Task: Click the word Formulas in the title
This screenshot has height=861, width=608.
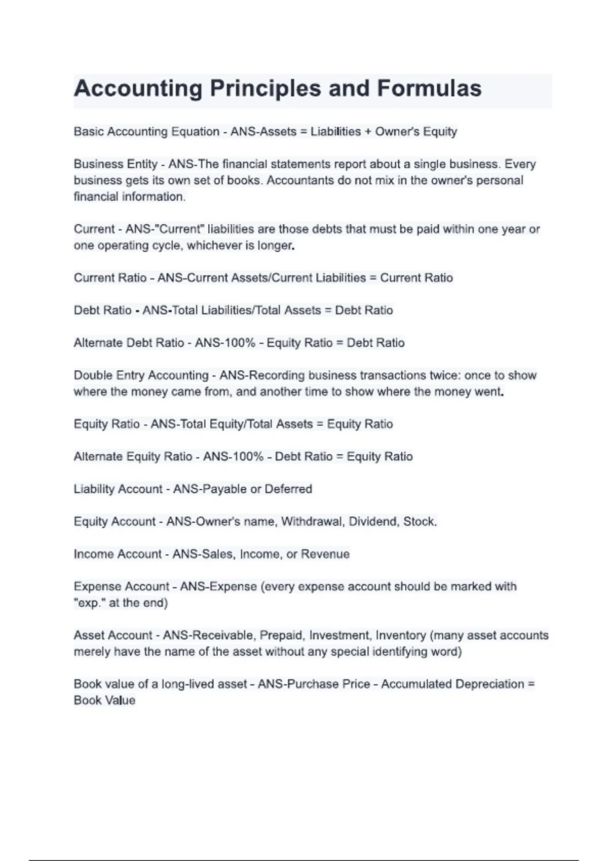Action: [x=429, y=89]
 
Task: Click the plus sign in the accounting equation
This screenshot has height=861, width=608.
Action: [x=368, y=132]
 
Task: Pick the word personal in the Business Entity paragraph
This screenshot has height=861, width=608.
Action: [x=500, y=180]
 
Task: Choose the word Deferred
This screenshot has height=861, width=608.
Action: [x=288, y=489]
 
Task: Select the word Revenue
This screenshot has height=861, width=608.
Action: [x=325, y=554]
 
